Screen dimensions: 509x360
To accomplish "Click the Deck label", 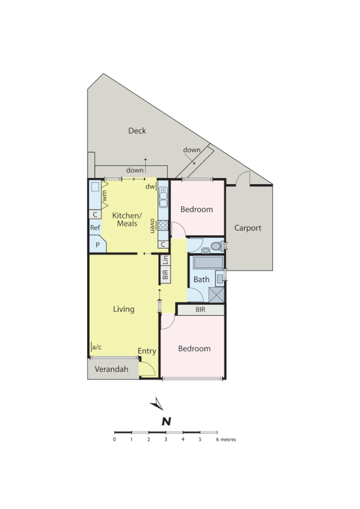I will tap(137, 130).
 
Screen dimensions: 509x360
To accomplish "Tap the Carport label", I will tap(248, 228).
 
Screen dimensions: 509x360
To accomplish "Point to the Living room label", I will tap(123, 309).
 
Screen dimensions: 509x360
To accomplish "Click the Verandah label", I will tap(112, 369).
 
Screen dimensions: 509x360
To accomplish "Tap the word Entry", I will tap(147, 351).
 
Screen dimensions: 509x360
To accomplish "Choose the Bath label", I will tap(201, 280).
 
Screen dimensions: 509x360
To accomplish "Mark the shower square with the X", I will tap(216, 295).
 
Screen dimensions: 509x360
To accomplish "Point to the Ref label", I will tap(95, 227).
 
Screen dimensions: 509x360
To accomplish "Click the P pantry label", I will tap(96, 244).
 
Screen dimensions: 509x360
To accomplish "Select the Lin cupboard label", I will tap(165, 259).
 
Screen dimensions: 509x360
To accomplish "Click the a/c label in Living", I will tap(96, 347).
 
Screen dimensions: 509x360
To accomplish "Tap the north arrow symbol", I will tap(157, 404).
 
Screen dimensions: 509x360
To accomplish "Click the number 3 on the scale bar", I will tap(166, 439).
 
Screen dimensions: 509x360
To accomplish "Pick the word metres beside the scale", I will tap(228, 439).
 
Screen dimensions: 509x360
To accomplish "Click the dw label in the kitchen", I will tap(149, 187).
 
